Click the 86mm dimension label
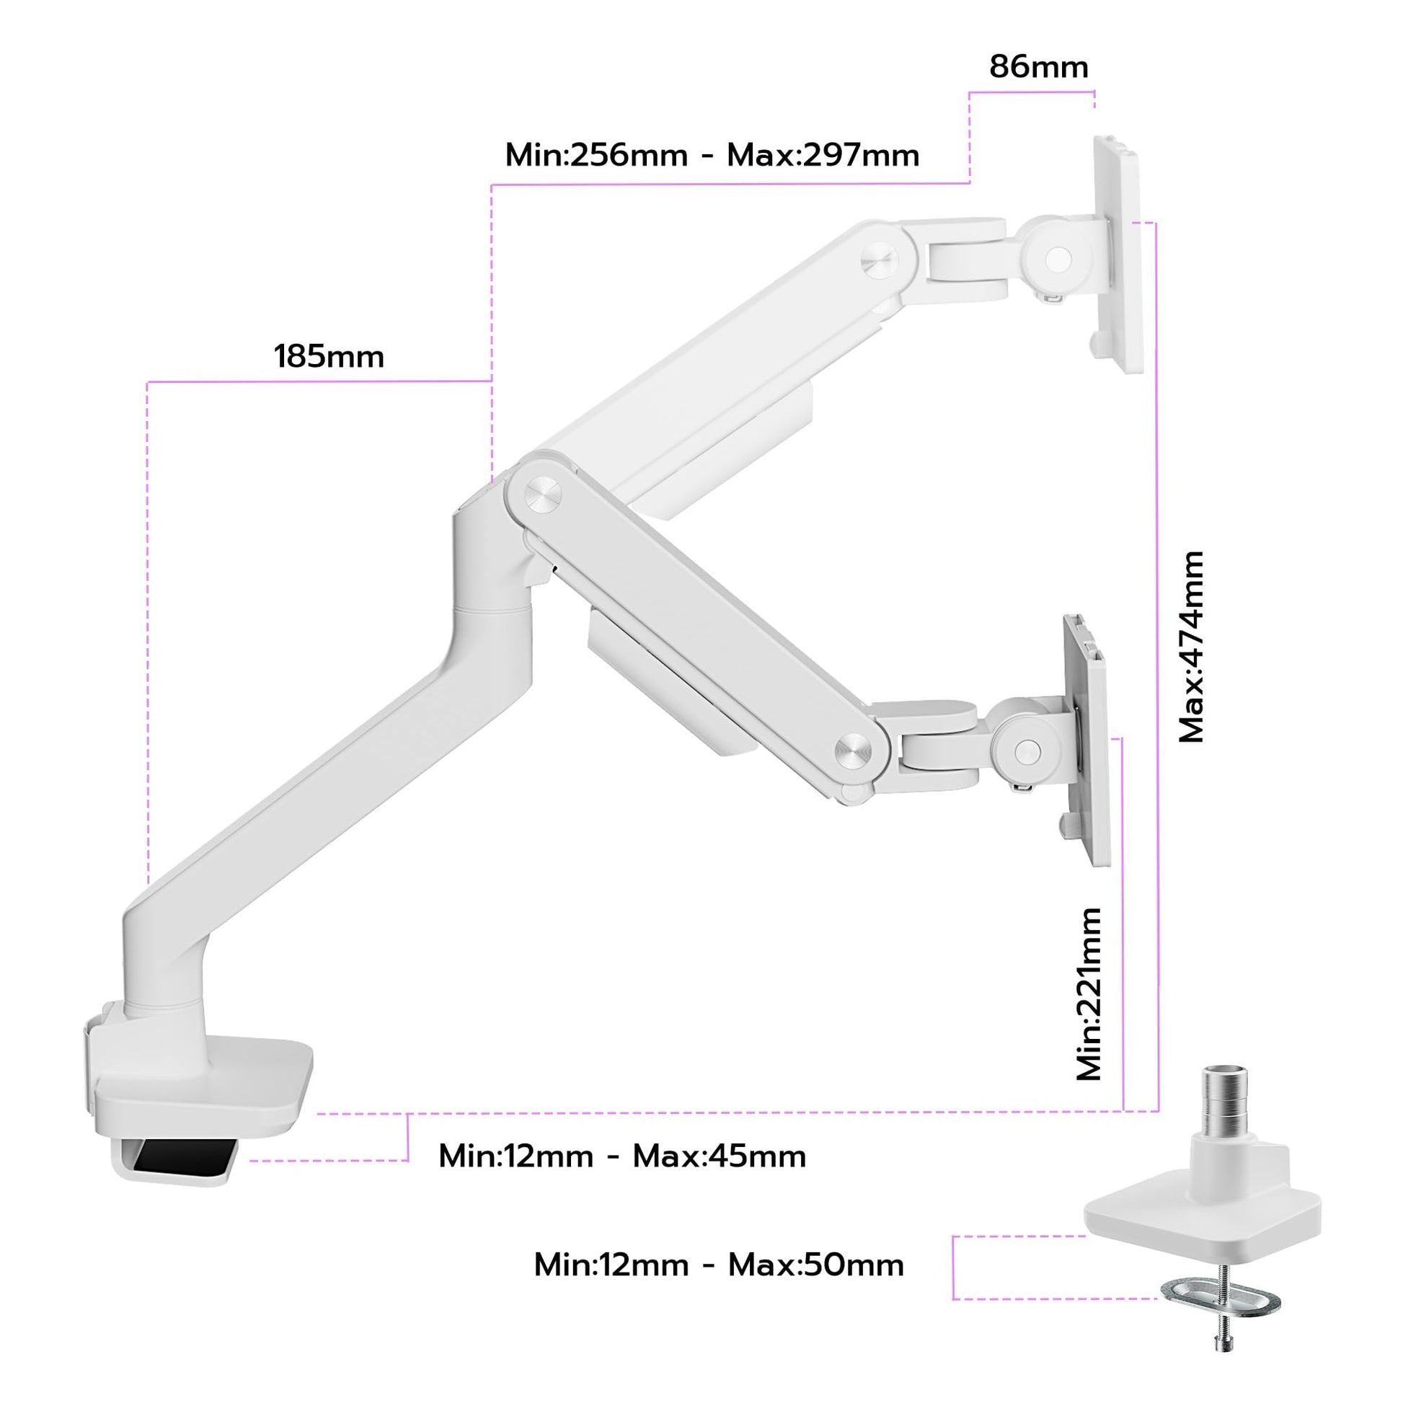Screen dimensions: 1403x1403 tap(1038, 67)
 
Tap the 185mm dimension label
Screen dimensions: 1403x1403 tap(329, 357)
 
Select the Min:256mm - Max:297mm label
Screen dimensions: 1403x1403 tap(712, 155)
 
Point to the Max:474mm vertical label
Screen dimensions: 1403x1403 tap(1192, 647)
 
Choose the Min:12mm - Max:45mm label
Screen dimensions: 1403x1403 tap(622, 1156)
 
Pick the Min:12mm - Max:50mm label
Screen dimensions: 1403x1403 tap(719, 1265)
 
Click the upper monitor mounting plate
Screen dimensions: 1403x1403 tap(1118, 255)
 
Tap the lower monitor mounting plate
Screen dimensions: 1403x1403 tap(1086, 740)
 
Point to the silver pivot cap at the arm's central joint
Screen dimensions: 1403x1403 tap(542, 495)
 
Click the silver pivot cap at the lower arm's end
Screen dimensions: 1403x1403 tap(854, 748)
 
